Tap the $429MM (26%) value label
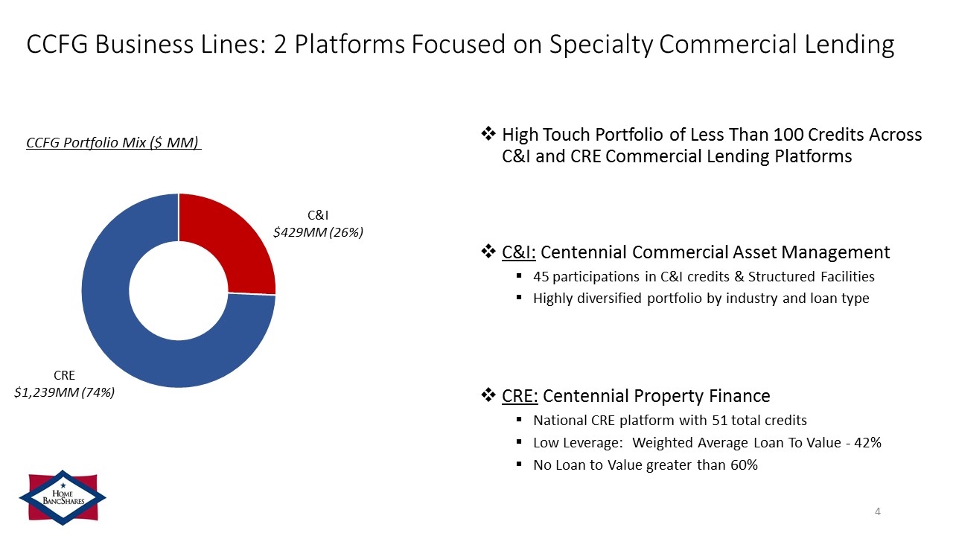(318, 232)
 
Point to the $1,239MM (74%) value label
(64, 392)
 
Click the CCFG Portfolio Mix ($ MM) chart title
(113, 142)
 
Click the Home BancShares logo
(63, 497)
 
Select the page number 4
(877, 511)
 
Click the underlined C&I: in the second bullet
(519, 252)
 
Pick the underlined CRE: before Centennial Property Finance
(520, 396)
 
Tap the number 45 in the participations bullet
(541, 277)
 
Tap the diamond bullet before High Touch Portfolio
(488, 134)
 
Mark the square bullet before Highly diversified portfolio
(519, 298)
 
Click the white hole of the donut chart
(179, 291)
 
